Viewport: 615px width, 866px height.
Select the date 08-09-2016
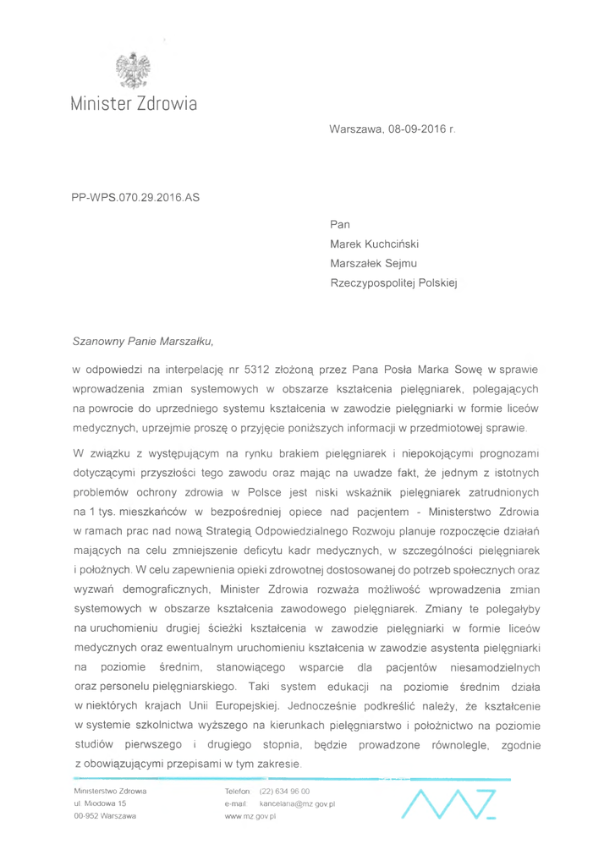(415, 131)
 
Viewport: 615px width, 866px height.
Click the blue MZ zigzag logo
(448, 803)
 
